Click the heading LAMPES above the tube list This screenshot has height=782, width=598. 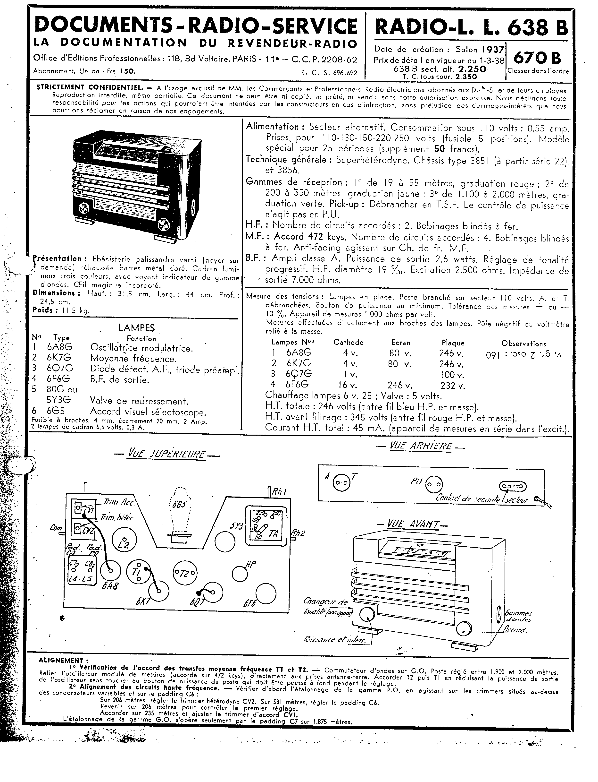[x=136, y=327]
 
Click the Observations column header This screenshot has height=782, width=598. [x=523, y=344]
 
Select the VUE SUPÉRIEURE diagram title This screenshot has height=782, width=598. [x=166, y=455]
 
